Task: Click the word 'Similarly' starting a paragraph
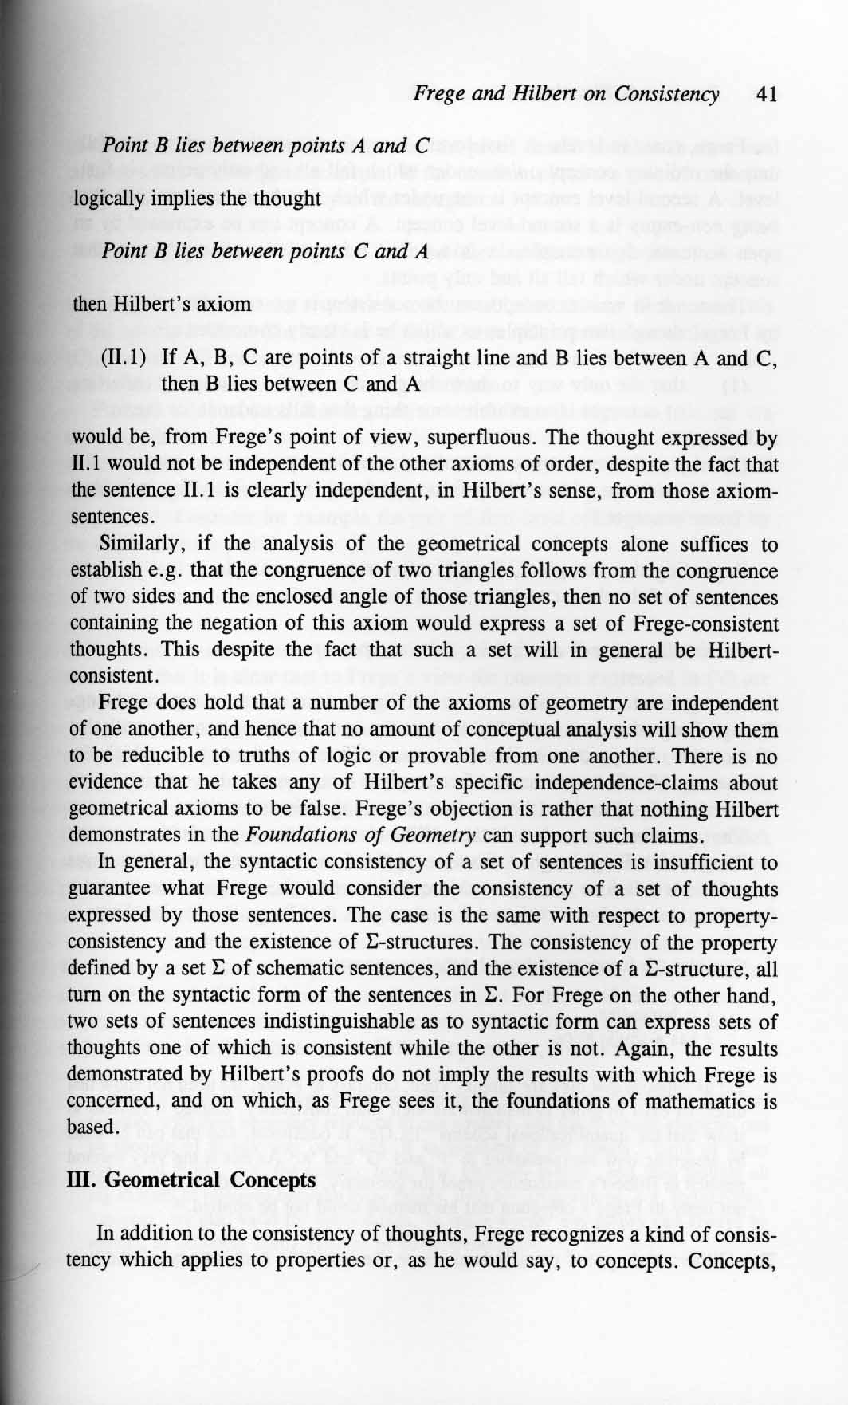point(134,545)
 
